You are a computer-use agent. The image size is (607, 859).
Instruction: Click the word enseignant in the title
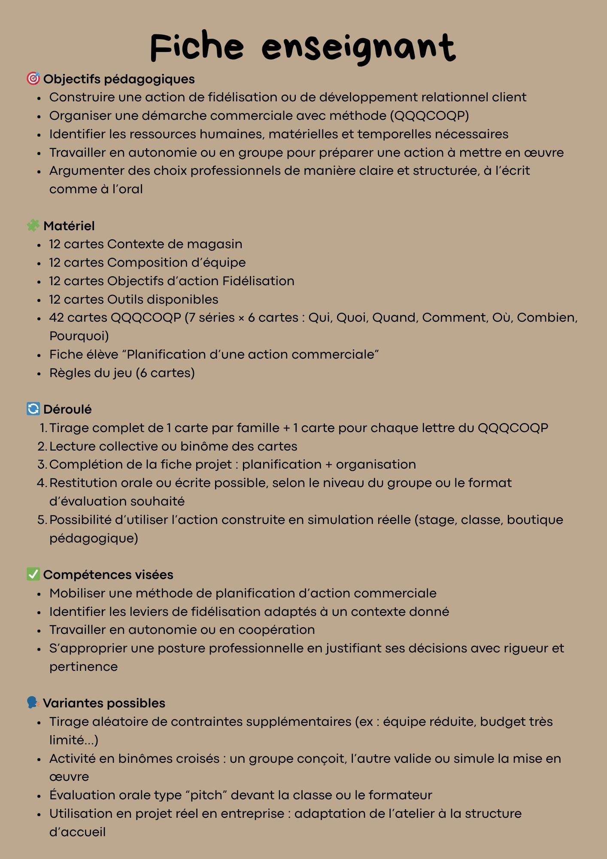click(x=358, y=48)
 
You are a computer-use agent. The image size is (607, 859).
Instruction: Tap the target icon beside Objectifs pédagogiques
click(x=33, y=79)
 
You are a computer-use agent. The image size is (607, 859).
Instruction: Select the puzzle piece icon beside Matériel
click(x=33, y=225)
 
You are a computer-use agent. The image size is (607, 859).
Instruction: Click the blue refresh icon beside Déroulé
click(x=33, y=409)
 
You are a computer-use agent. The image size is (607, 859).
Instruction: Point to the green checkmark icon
click(x=33, y=574)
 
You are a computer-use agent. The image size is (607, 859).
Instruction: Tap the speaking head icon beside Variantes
click(x=33, y=703)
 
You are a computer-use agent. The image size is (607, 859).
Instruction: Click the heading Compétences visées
click(x=108, y=575)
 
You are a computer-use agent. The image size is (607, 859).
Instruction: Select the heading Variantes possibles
click(x=104, y=703)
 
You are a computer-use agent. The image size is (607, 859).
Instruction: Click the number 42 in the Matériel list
click(x=56, y=317)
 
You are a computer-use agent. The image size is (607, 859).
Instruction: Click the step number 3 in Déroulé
click(x=42, y=464)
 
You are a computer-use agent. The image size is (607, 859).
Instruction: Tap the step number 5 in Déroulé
click(x=42, y=520)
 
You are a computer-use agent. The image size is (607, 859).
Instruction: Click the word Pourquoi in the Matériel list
click(x=79, y=336)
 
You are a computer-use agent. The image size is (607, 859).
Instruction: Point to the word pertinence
click(x=83, y=667)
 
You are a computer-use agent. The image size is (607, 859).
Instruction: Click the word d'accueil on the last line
click(x=77, y=832)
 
